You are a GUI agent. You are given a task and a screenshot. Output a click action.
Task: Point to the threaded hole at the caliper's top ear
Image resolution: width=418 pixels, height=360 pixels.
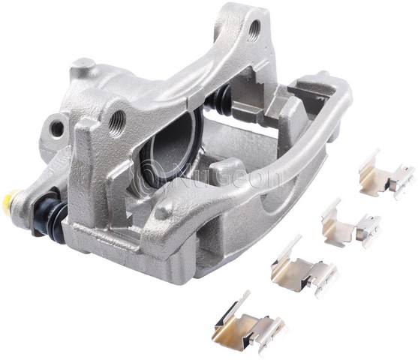pyautogui.click(x=254, y=30)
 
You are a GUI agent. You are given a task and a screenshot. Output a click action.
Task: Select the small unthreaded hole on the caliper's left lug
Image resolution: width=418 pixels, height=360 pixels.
pyautogui.click(x=57, y=127)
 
